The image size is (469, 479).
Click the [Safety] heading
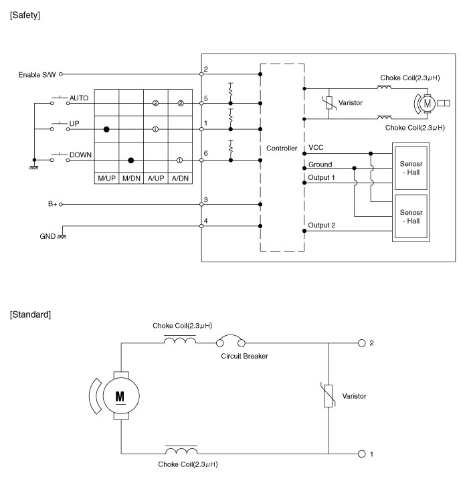click(x=25, y=15)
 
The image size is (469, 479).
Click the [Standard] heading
click(x=30, y=314)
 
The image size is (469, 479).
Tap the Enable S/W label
click(x=37, y=74)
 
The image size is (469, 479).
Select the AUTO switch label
click(x=79, y=98)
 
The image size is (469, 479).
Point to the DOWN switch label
click(x=80, y=155)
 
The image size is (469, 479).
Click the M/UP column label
click(x=106, y=179)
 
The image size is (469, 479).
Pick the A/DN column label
click(x=179, y=179)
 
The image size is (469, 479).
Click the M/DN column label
click(x=130, y=179)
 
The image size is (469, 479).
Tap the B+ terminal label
click(x=52, y=204)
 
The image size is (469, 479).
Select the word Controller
click(x=281, y=148)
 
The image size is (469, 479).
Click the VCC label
click(x=315, y=147)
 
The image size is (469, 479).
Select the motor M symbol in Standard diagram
click(x=120, y=395)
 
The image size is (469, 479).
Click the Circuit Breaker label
click(x=244, y=356)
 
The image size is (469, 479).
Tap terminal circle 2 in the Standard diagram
click(x=363, y=343)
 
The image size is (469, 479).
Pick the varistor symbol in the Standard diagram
click(x=328, y=397)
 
